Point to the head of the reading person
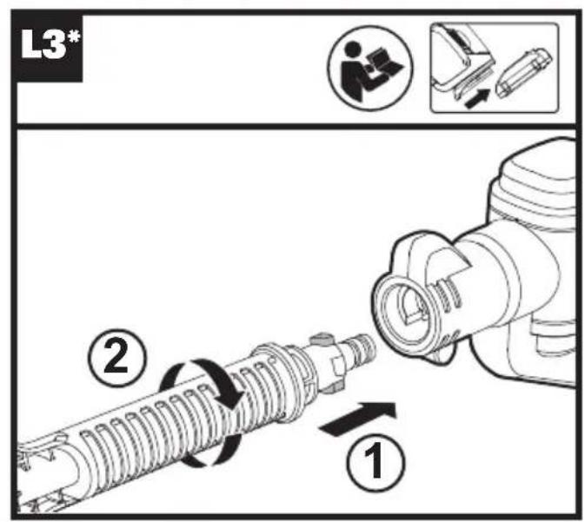tap(357, 50)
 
